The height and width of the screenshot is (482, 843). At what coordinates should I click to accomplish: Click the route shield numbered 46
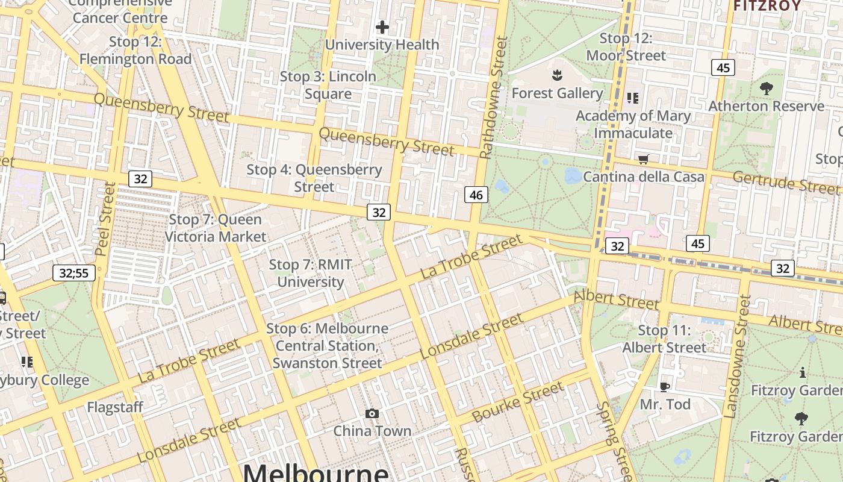(476, 195)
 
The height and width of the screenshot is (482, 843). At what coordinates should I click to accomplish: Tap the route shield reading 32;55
(74, 273)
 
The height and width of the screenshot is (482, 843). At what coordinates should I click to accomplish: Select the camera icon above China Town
(372, 413)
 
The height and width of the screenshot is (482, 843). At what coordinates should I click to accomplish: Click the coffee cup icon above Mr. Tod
(665, 387)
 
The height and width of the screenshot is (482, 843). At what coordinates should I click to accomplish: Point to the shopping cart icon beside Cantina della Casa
(644, 159)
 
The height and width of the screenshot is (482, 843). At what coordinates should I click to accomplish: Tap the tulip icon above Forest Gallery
(557, 75)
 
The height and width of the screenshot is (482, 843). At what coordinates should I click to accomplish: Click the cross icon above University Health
(382, 27)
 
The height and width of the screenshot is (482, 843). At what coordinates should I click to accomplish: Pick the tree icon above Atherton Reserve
(766, 89)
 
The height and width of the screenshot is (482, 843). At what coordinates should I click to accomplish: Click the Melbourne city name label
(316, 471)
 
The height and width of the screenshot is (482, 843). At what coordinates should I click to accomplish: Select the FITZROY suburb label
(767, 6)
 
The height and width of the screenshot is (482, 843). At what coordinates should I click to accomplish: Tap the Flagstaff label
(115, 407)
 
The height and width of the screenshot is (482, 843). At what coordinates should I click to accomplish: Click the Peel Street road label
(105, 219)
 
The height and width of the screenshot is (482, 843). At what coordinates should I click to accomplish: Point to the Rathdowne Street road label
(494, 98)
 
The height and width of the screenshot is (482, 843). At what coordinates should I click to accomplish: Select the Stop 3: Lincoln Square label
(328, 85)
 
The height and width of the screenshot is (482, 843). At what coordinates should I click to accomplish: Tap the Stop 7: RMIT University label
(310, 273)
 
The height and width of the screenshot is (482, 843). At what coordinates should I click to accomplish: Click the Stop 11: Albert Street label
(664, 339)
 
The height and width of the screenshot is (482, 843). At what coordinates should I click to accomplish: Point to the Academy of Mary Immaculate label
(633, 124)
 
